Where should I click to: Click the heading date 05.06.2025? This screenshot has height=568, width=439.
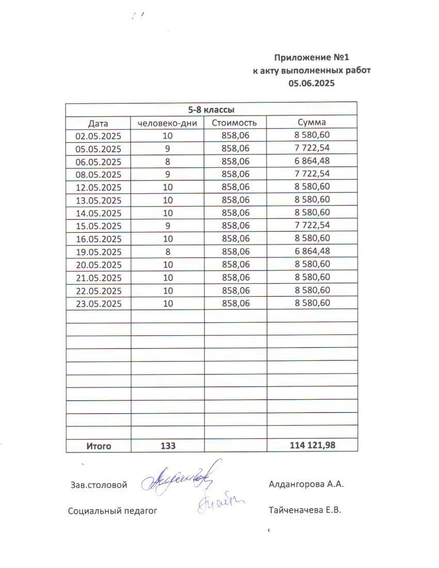311,83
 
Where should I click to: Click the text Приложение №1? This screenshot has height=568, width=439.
315,57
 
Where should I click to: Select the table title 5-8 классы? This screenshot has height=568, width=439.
211,110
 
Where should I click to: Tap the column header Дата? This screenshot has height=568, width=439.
98,123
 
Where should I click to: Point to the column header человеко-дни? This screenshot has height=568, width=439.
167,123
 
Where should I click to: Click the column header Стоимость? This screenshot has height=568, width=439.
235,123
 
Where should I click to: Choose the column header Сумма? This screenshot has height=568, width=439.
311,122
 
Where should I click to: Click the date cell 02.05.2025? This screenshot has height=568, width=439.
98,136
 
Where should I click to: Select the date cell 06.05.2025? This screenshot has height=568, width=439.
98,162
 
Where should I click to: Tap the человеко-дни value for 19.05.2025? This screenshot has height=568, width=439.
167,252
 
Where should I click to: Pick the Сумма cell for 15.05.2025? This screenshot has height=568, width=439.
312,225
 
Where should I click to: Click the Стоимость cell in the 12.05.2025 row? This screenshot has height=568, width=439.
235,187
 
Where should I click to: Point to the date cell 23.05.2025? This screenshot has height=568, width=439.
98,304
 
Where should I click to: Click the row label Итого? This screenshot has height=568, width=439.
98,446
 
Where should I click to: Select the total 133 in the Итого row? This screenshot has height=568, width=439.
168,446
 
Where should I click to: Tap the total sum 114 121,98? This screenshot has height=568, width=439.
312,445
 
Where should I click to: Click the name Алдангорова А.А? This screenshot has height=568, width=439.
306,484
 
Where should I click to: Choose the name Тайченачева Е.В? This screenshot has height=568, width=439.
305,510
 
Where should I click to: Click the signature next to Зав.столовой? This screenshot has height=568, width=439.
178,478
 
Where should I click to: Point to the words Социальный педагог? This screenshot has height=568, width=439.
112,511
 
